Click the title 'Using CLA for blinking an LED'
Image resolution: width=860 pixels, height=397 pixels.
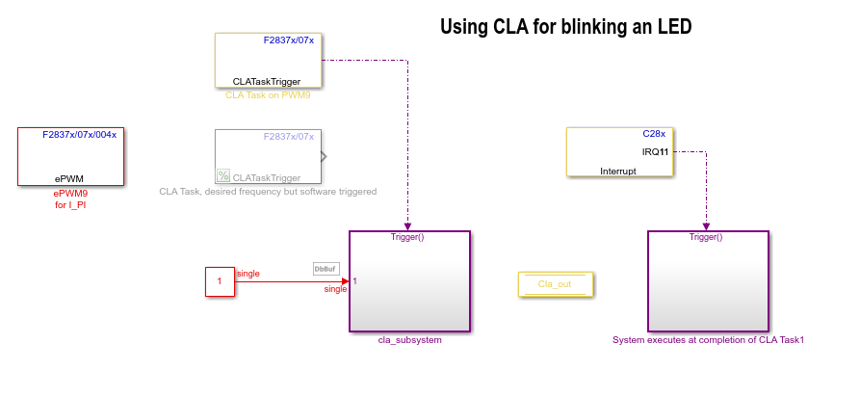tap(565, 27)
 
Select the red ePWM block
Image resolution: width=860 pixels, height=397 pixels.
tap(70, 156)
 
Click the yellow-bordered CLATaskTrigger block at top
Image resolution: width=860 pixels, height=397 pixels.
tap(268, 62)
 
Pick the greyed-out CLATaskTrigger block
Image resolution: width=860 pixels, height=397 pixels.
tap(268, 156)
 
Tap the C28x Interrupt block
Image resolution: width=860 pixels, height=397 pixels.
tap(618, 151)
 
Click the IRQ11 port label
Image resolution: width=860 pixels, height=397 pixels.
tap(655, 152)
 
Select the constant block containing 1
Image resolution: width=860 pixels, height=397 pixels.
tap(220, 282)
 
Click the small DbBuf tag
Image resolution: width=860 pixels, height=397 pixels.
tap(326, 269)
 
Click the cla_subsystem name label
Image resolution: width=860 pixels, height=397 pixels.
tap(409, 340)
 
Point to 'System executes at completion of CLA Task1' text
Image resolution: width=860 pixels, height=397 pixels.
tap(708, 340)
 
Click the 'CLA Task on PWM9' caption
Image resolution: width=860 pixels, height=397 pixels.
tap(268, 95)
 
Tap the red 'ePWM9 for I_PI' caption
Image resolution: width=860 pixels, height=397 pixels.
tap(70, 198)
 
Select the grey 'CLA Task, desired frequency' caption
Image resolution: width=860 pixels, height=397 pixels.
tap(268, 192)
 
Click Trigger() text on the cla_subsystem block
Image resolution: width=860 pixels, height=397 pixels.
tap(408, 237)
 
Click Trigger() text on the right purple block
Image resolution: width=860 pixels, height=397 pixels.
tap(707, 237)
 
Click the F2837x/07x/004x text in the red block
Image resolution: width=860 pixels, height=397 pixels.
tap(79, 135)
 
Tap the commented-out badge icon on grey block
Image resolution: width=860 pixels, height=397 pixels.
tap(223, 175)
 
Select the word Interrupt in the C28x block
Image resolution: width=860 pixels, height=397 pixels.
tap(618, 171)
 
